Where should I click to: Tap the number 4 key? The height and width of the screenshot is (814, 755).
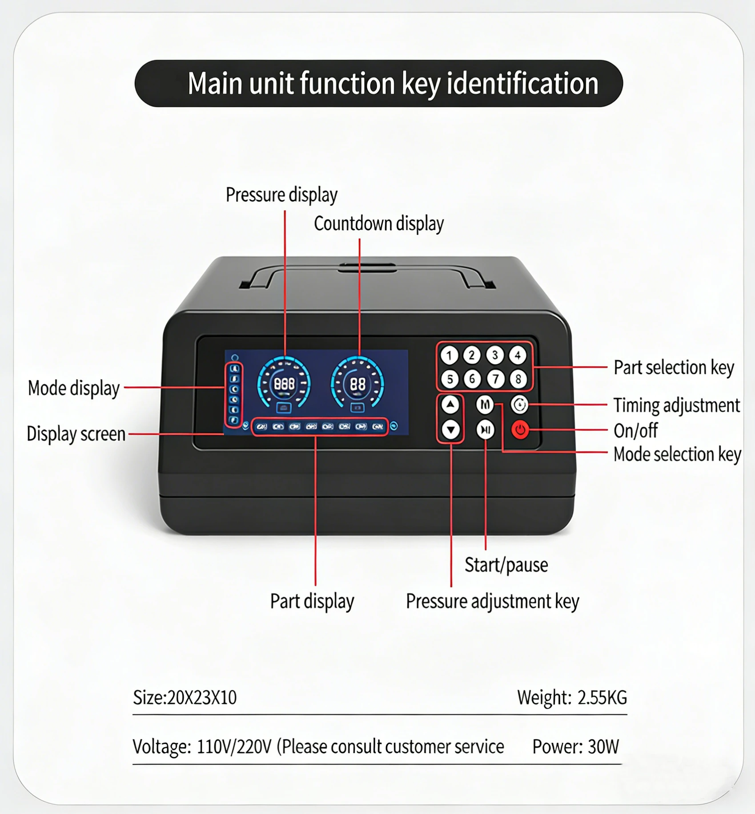pyautogui.click(x=518, y=355)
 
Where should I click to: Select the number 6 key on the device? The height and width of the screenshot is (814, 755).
pyautogui.click(x=472, y=379)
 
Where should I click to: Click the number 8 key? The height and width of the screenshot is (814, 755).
pyautogui.click(x=518, y=379)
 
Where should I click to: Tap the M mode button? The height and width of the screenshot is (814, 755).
pyautogui.click(x=485, y=405)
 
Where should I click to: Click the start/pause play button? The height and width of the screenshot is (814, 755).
pyautogui.click(x=486, y=430)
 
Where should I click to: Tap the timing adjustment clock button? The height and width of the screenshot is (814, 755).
pyautogui.click(x=519, y=405)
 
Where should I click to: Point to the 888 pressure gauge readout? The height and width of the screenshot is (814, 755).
pyautogui.click(x=284, y=384)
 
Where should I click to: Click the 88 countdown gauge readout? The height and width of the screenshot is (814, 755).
pyautogui.click(x=358, y=384)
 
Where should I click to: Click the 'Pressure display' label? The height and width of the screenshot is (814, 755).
pyautogui.click(x=281, y=195)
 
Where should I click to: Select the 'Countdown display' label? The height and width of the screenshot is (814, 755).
pyautogui.click(x=379, y=223)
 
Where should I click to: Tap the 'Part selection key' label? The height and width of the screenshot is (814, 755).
pyautogui.click(x=674, y=368)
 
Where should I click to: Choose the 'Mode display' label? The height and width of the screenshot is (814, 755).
pyautogui.click(x=74, y=388)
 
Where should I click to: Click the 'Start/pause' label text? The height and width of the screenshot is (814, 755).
pyautogui.click(x=506, y=565)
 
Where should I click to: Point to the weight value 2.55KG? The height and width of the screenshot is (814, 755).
pyautogui.click(x=602, y=697)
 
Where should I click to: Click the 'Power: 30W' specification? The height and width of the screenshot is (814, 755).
pyautogui.click(x=576, y=746)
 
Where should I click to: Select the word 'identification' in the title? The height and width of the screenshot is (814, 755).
pyautogui.click(x=522, y=83)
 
